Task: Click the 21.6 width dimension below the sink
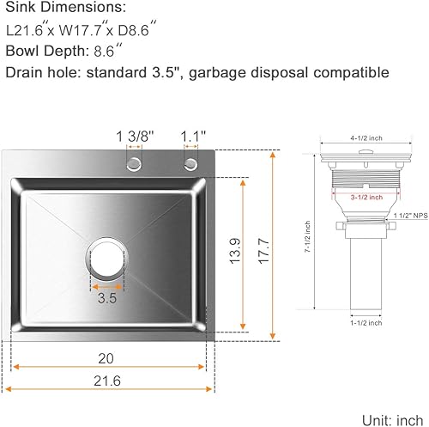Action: click(106, 384)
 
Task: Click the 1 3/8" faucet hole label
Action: click(135, 136)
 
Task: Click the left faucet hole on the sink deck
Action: click(135, 163)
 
